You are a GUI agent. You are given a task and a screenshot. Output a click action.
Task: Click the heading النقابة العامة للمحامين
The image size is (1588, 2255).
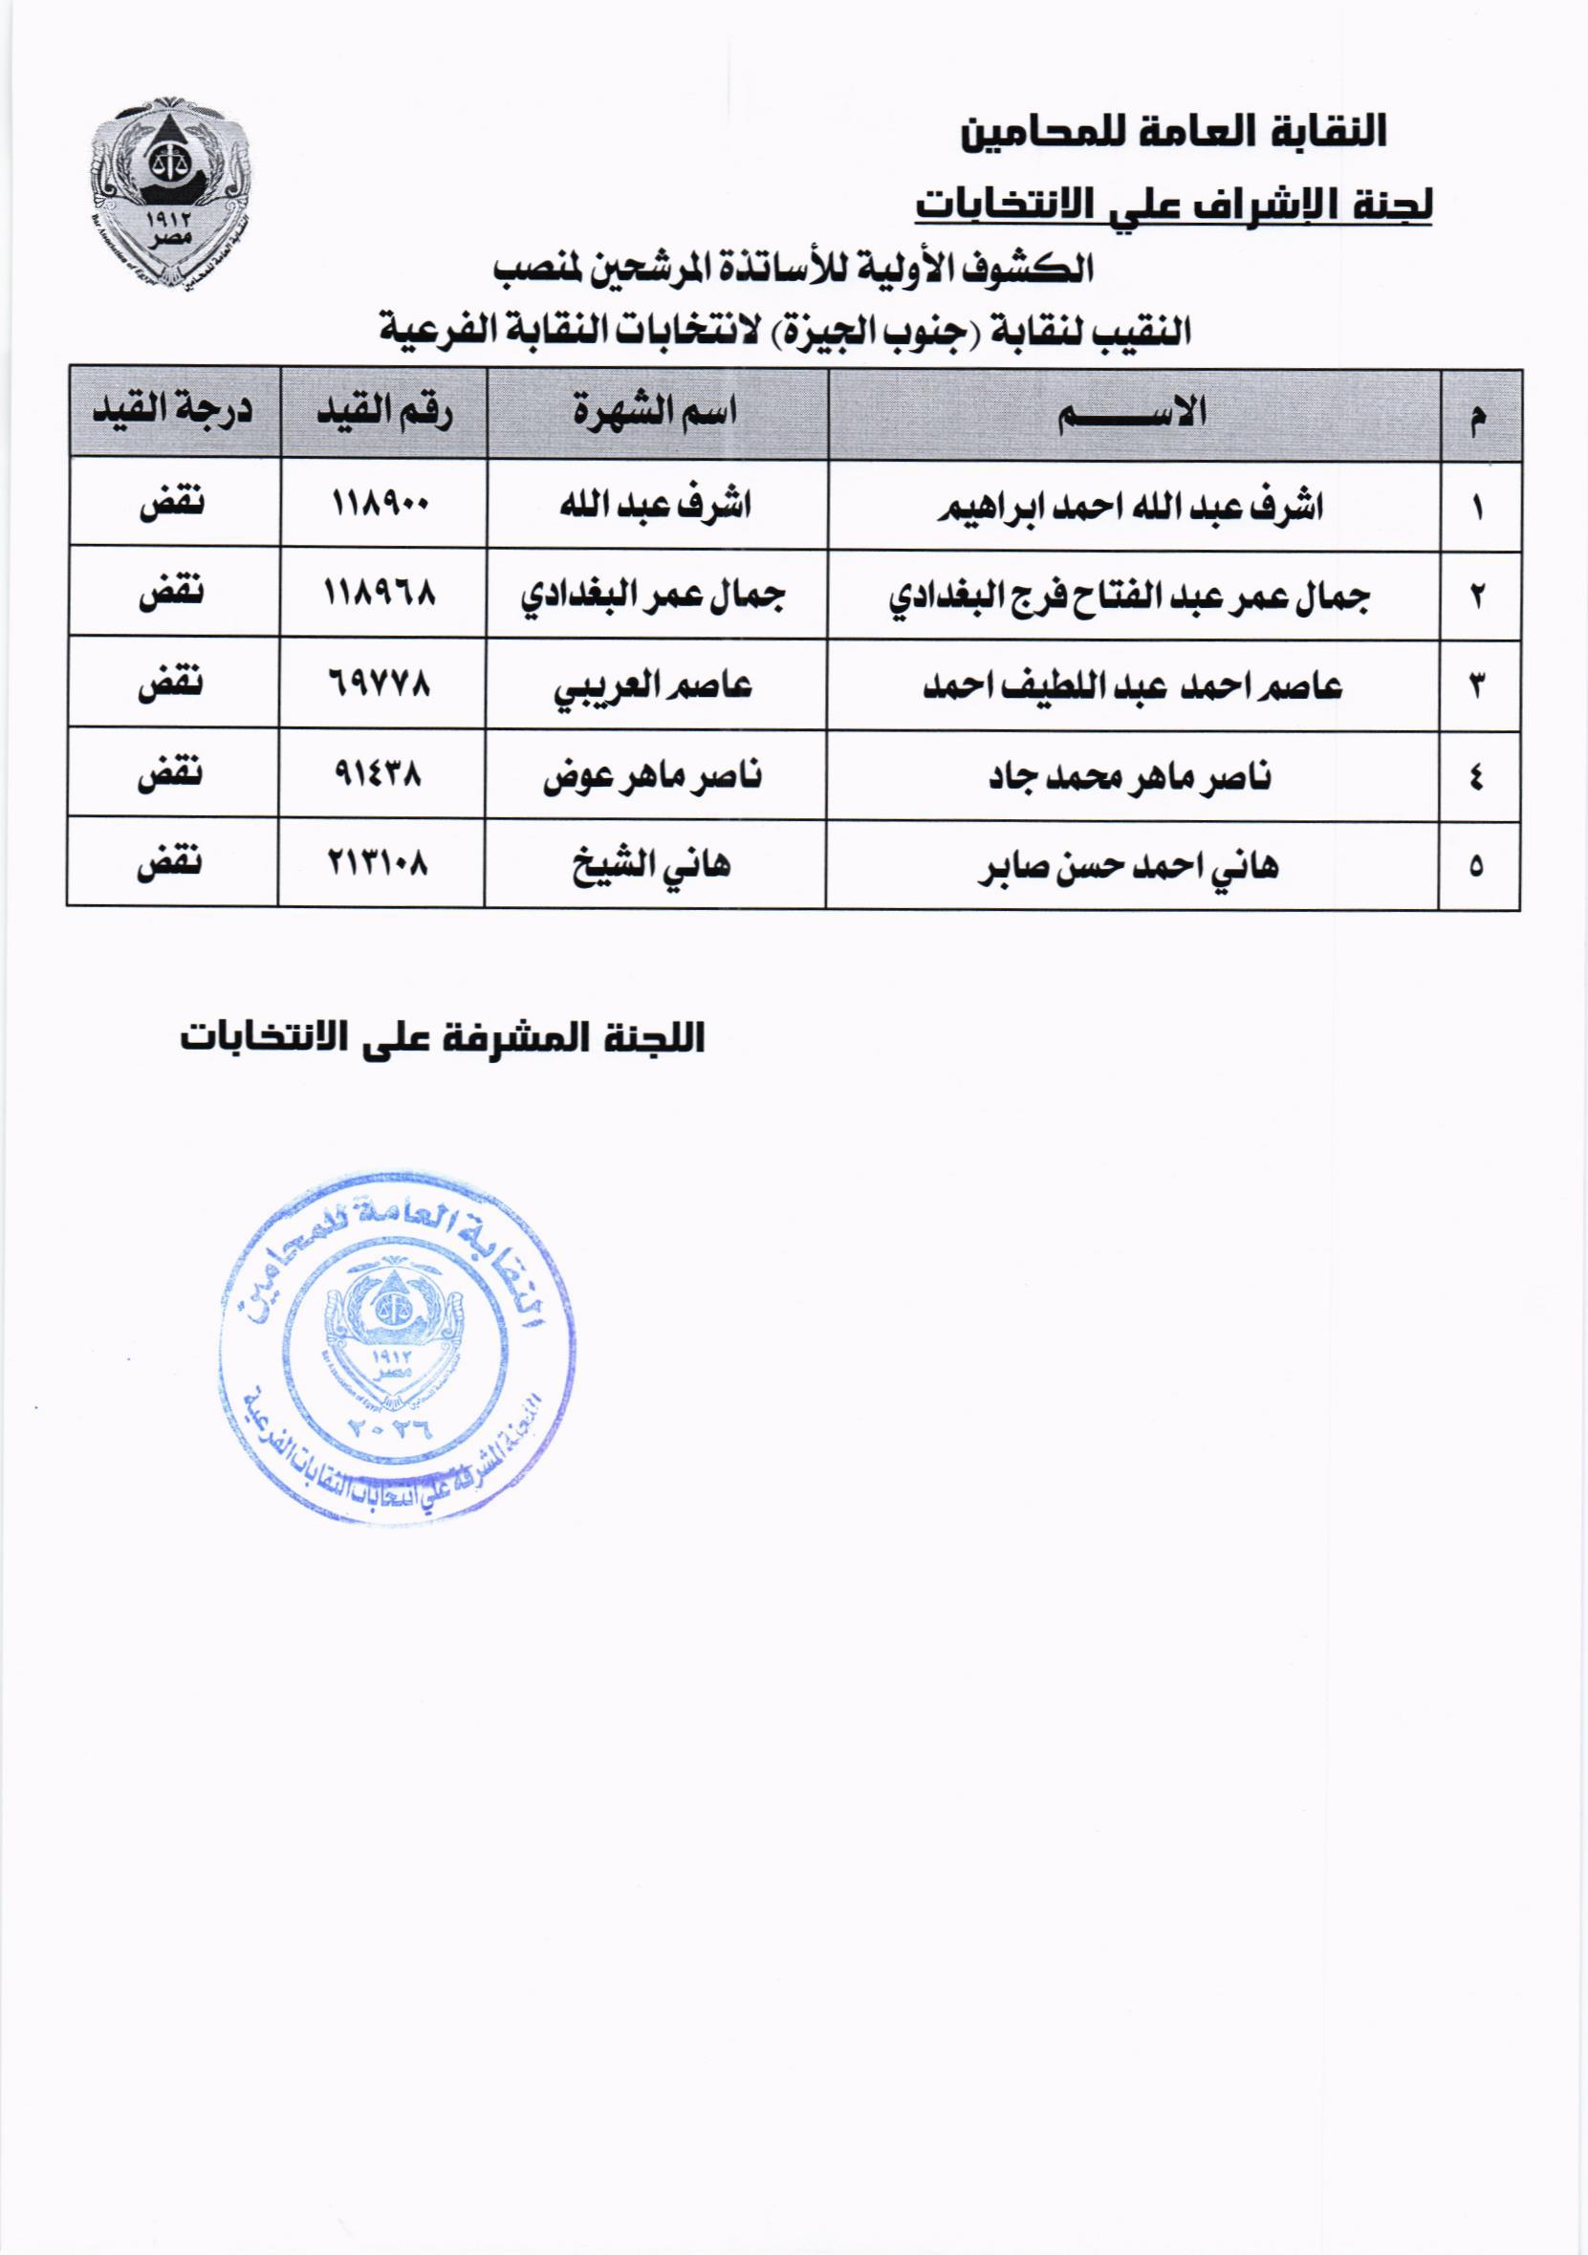tap(1174, 133)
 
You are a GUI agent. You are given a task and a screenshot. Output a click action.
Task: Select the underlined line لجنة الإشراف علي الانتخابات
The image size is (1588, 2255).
tap(1174, 205)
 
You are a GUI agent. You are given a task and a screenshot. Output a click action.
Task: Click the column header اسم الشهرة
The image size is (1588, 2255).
tap(656, 411)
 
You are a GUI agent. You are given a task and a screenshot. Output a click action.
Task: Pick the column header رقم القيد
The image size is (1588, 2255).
tap(384, 411)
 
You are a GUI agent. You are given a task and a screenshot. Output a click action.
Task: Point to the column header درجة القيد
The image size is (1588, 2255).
tap(173, 409)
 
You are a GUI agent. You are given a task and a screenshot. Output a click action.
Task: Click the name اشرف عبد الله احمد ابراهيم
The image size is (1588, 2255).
tap(1132, 507)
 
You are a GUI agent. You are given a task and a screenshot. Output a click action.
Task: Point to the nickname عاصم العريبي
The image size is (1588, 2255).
tap(654, 685)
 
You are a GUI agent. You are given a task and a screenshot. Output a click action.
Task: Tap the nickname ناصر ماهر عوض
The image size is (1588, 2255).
tap(653, 776)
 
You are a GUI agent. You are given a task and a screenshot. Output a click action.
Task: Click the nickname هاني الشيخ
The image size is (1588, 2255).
tap(652, 865)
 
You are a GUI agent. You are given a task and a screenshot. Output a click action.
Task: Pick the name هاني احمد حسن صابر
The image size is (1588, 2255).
tap(1129, 867)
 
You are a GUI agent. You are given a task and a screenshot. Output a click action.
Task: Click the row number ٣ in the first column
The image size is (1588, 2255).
tap(1477, 686)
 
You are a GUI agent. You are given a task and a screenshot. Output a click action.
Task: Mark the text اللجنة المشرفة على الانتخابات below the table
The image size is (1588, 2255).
tap(443, 1038)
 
